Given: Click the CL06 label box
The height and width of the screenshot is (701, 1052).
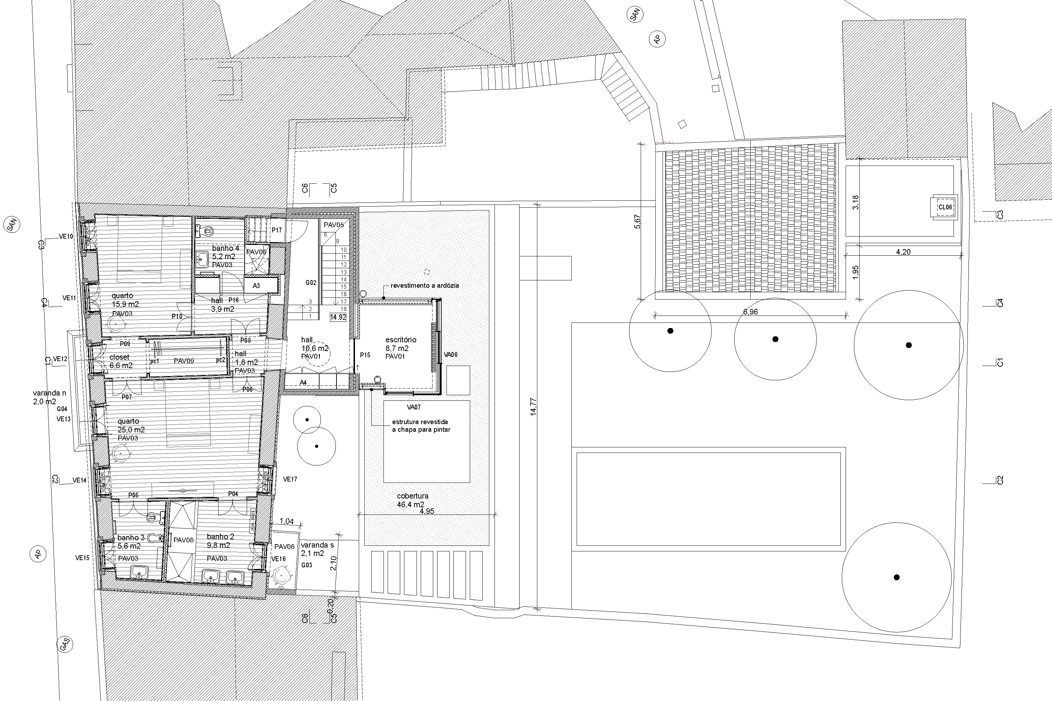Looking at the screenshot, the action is click(x=945, y=207).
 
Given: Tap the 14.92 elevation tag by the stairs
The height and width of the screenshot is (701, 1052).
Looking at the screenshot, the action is click(x=338, y=317).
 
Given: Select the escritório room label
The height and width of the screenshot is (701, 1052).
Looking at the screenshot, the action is click(x=401, y=340).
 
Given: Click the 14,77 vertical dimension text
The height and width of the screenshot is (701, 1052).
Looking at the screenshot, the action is click(x=533, y=407).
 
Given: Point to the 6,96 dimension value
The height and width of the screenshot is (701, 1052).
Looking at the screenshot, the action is click(x=750, y=312).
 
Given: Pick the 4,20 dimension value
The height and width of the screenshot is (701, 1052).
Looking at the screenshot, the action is click(x=903, y=252).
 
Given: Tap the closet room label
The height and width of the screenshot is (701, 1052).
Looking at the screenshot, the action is click(x=119, y=357).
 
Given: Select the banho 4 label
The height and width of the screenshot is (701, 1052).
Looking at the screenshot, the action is click(x=226, y=248).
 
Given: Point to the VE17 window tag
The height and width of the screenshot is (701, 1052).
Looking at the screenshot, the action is click(x=290, y=479).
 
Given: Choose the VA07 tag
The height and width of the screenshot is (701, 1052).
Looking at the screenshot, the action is click(x=413, y=407).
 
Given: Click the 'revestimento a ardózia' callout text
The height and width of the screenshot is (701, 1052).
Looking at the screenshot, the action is click(x=424, y=286).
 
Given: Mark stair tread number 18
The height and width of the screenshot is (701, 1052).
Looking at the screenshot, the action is click(x=344, y=309).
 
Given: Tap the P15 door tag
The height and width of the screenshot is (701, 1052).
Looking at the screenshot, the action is click(x=365, y=355).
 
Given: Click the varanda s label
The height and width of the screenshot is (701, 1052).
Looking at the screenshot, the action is click(x=317, y=545).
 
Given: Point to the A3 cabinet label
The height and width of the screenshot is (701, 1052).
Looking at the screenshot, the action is click(x=256, y=286).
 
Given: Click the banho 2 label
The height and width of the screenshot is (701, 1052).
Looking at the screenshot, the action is click(x=220, y=536).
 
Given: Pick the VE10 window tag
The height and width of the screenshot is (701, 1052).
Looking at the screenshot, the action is click(x=66, y=237).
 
